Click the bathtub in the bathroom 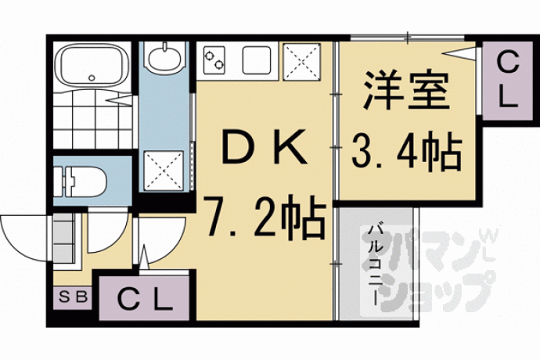(x=92, y=66)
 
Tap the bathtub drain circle (x=92, y=77)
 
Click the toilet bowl (x=89, y=182)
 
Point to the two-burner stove (x=214, y=60)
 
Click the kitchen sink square (x=256, y=60)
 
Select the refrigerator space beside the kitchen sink (x=301, y=62)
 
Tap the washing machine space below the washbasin (x=164, y=170)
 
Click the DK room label (x=265, y=146)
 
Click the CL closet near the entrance (x=144, y=298)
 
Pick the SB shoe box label (x=74, y=297)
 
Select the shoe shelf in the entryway (x=64, y=239)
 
